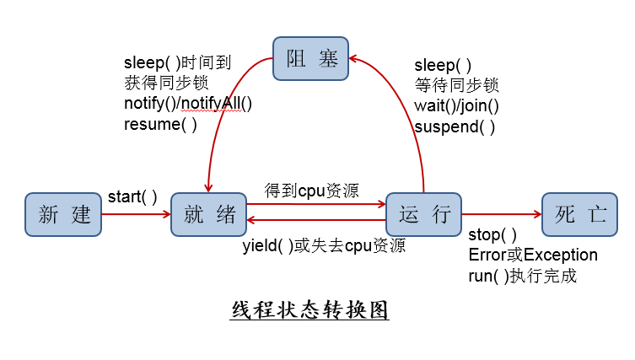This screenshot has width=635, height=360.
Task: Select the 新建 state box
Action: [x=63, y=214]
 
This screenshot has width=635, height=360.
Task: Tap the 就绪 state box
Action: [x=208, y=214]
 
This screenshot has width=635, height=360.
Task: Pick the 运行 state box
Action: [x=424, y=214]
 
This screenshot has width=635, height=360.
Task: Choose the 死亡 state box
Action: [x=580, y=214]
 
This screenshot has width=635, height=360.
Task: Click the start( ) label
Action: [x=132, y=197]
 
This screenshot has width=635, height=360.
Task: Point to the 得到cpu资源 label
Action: [x=310, y=190]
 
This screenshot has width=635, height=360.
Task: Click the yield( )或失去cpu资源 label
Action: [x=324, y=245]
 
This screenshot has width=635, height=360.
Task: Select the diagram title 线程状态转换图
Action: [x=309, y=309]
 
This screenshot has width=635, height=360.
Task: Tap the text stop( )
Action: [x=492, y=234]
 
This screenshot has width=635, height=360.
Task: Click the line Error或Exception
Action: [x=532, y=255]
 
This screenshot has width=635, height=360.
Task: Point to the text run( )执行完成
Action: [x=522, y=276]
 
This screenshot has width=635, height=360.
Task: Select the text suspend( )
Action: [x=455, y=126]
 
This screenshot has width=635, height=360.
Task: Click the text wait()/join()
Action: [x=456, y=105]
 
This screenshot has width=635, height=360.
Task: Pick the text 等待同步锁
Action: [x=456, y=84]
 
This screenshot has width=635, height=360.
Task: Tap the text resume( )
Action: [x=160, y=124]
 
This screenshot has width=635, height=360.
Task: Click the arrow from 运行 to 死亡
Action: [x=502, y=214]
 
